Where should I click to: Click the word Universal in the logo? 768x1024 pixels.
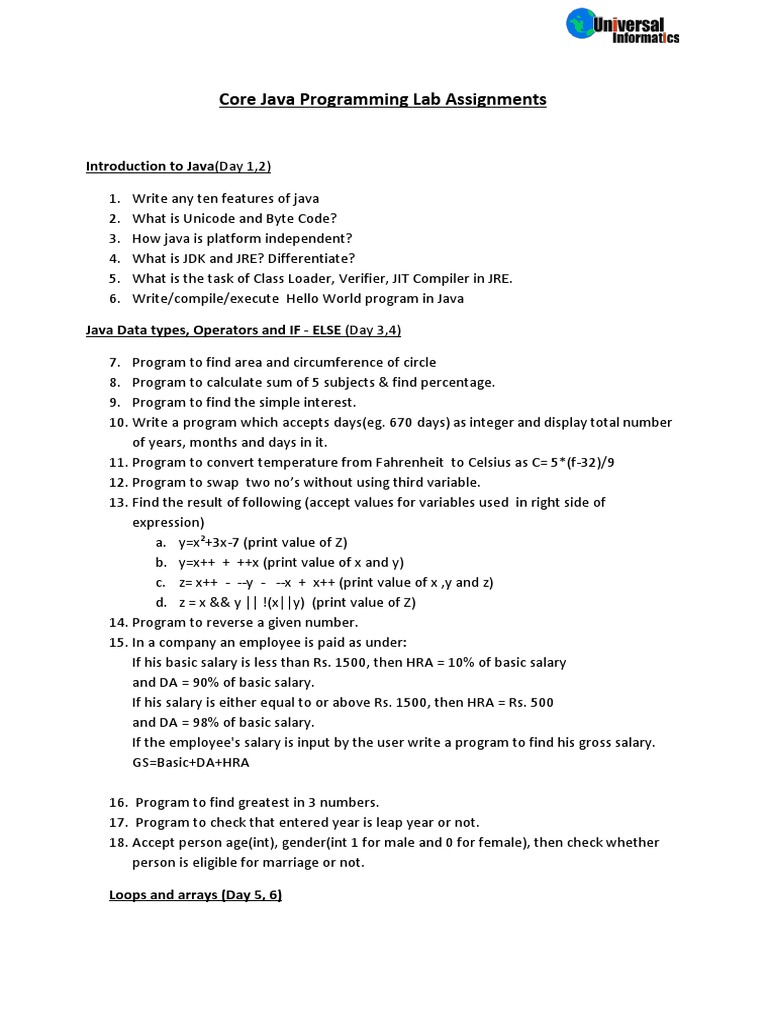click(629, 23)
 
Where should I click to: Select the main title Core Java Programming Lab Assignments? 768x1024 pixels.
click(383, 99)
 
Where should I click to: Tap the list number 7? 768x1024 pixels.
click(114, 362)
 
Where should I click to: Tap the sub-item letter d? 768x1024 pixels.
click(160, 602)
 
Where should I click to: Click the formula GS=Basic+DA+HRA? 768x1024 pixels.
click(190, 762)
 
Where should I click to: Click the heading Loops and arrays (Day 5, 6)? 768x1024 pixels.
click(195, 895)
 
